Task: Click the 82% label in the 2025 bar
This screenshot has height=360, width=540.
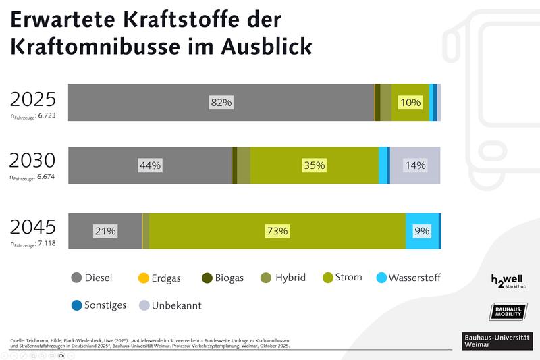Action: (x=221, y=103)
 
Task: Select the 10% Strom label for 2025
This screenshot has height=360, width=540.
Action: (x=410, y=103)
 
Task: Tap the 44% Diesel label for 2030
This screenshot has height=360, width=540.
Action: (x=150, y=165)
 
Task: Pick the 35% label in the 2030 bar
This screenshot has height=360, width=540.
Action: (x=315, y=165)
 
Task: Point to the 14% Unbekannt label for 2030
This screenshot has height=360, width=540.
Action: (x=415, y=165)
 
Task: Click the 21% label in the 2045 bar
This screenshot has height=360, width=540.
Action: (x=105, y=231)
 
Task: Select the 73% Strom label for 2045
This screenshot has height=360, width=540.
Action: (x=277, y=231)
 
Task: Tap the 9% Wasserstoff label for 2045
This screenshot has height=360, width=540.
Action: (x=422, y=231)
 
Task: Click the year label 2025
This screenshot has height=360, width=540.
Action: (x=32, y=99)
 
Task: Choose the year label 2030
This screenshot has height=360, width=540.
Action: (x=32, y=161)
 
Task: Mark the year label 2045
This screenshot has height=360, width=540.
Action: (x=32, y=226)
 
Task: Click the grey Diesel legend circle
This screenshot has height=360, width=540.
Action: (x=76, y=278)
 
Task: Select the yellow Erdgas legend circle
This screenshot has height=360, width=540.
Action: (x=143, y=278)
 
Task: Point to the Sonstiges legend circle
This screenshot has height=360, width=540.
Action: (x=76, y=305)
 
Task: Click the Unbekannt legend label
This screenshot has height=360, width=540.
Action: (x=176, y=305)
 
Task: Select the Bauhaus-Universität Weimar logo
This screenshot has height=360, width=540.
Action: (x=497, y=340)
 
